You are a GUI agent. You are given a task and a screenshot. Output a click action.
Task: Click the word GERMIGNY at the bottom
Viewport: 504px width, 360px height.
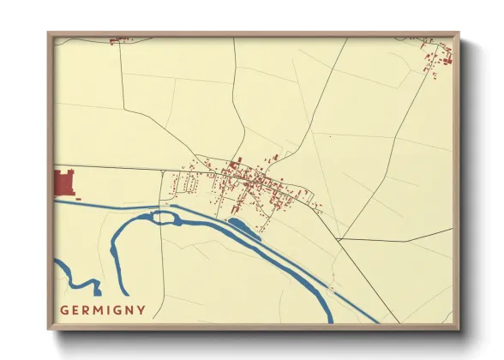point(102,309)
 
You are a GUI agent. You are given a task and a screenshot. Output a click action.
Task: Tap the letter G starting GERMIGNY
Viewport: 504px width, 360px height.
point(63,309)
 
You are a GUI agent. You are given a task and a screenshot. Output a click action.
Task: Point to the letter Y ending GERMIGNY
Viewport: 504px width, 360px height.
point(141,309)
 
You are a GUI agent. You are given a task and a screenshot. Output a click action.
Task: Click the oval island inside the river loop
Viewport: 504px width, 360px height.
point(162,217)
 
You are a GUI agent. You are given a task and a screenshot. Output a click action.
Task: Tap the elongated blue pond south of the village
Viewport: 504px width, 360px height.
point(243,227)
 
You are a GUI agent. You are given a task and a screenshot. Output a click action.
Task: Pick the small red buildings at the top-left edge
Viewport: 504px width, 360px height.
point(119,39)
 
